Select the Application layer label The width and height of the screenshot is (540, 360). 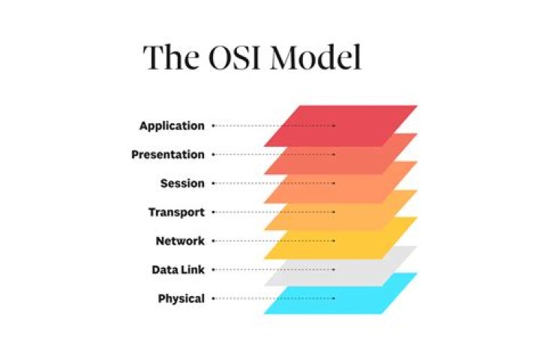point(171,126)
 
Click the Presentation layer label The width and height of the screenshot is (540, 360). point(167,154)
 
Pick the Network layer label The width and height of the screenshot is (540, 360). point(179,241)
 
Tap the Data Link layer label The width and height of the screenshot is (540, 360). point(177,270)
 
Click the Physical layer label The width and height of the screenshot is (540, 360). point(181,298)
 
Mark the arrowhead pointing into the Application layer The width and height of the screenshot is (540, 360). point(334,126)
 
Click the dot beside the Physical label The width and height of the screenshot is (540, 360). point(214,298)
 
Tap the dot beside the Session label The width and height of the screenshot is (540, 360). point(214,184)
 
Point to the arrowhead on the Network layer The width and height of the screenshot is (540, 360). point(334,241)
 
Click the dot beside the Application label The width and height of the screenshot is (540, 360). point(214,126)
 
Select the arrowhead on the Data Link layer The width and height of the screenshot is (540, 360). point(334,270)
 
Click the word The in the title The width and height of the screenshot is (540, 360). point(167,58)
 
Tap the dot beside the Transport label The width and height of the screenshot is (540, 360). point(214,212)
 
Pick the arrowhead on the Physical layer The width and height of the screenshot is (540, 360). point(334,298)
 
